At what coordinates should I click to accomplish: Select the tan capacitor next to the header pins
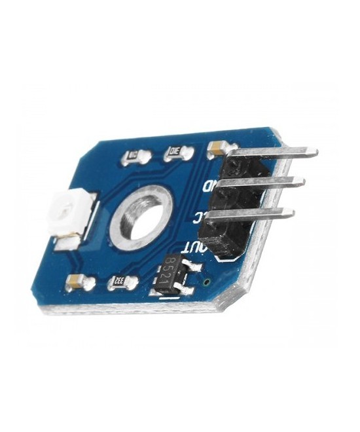tap(215, 149)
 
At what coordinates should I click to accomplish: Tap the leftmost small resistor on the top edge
tap(132, 156)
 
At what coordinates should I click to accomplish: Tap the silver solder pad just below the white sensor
tap(65, 245)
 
